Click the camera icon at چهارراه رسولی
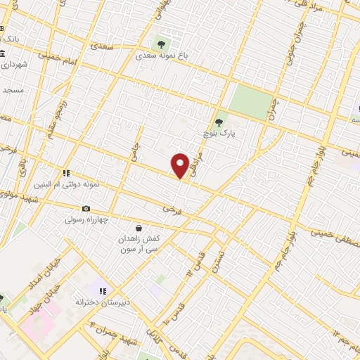click(86, 208)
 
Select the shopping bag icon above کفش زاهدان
click(139, 229)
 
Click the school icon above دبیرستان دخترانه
click(102, 290)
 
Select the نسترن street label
click(219, 262)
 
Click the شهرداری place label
click(14, 65)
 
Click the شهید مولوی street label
click(17, 199)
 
